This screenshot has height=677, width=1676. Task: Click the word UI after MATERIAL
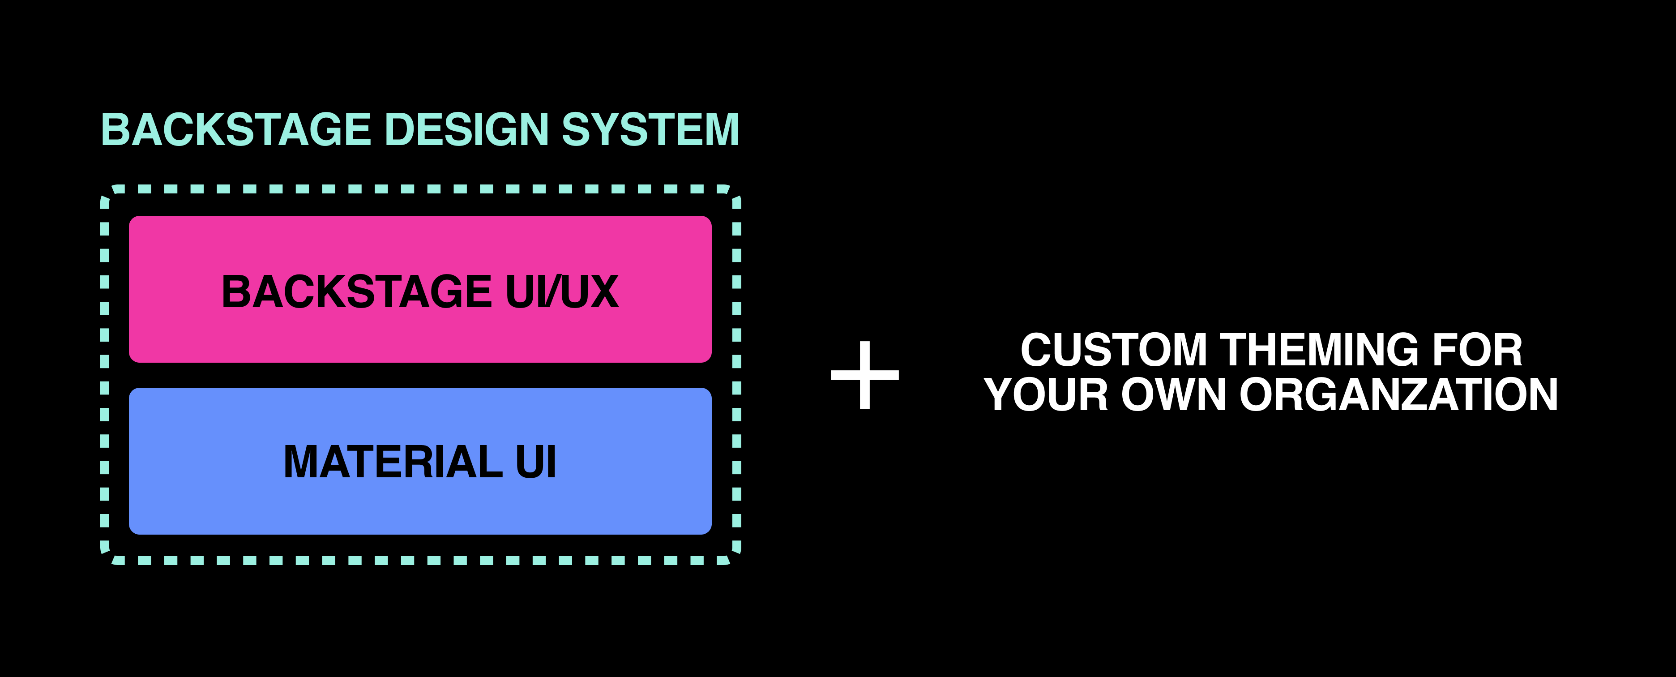coord(535,462)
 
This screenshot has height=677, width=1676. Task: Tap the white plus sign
coord(865,375)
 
